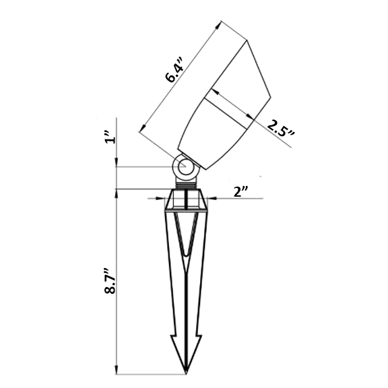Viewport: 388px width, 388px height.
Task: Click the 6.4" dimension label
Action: (174, 70)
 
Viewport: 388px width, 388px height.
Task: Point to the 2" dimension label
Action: (241, 192)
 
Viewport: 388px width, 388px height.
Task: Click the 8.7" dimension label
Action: (110, 280)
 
